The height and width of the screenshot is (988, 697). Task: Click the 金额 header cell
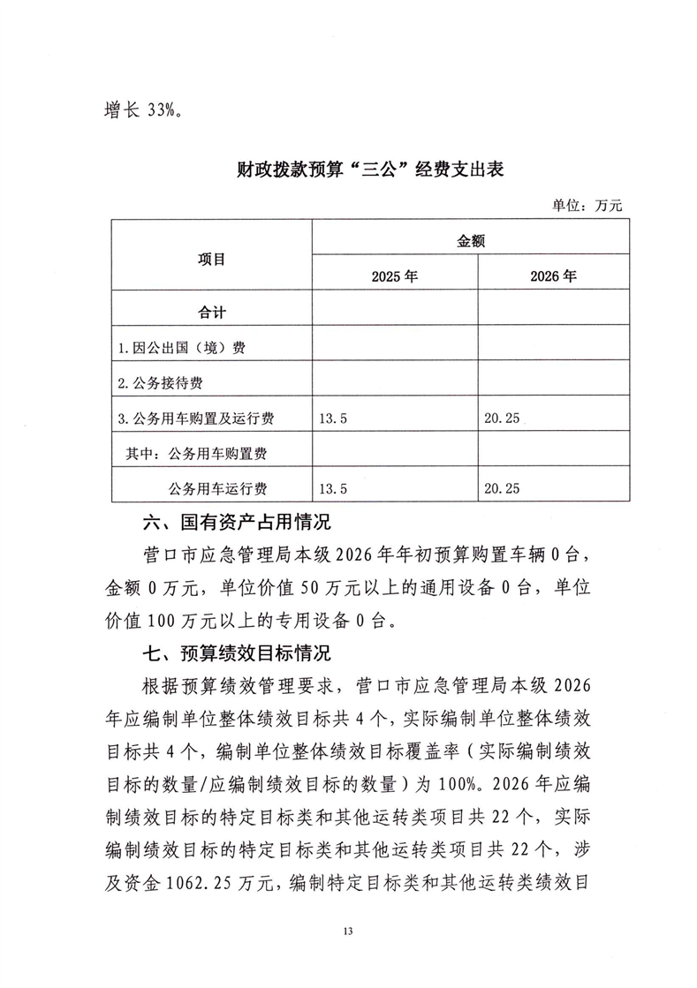pyautogui.click(x=470, y=238)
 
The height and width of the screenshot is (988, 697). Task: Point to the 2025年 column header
pyautogui.click(x=394, y=276)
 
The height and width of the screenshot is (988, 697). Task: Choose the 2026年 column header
pyautogui.click(x=553, y=276)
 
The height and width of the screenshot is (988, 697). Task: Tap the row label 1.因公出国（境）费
pyautogui.click(x=181, y=348)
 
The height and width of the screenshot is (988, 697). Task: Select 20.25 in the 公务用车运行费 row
pyautogui.click(x=502, y=487)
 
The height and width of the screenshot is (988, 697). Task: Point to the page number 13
pyautogui.click(x=348, y=931)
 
